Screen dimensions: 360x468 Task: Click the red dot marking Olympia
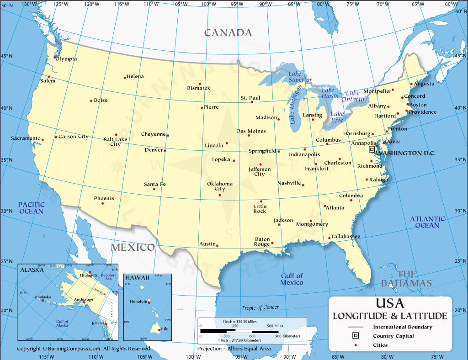click(55, 58)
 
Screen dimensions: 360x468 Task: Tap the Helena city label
click(135, 76)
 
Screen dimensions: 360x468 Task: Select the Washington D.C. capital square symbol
click(372, 149)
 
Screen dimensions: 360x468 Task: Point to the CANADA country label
click(228, 32)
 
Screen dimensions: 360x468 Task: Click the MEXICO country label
click(133, 247)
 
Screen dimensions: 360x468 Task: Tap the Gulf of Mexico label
click(292, 279)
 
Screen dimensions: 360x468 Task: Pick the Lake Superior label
click(300, 76)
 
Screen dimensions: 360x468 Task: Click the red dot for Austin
click(217, 245)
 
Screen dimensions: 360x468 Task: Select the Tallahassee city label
click(346, 236)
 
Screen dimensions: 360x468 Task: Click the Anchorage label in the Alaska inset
click(84, 299)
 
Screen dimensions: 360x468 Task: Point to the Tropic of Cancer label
click(260, 307)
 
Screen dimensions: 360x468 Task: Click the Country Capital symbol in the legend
click(356, 336)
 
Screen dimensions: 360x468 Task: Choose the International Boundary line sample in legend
click(356, 327)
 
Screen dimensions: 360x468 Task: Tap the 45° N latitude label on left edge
click(7, 57)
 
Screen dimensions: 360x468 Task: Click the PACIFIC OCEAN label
click(32, 208)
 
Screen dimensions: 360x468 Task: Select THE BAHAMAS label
click(407, 278)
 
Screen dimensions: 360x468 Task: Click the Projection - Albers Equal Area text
click(234, 349)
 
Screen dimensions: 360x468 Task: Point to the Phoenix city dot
click(102, 203)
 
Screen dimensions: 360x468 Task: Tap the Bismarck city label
click(199, 88)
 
